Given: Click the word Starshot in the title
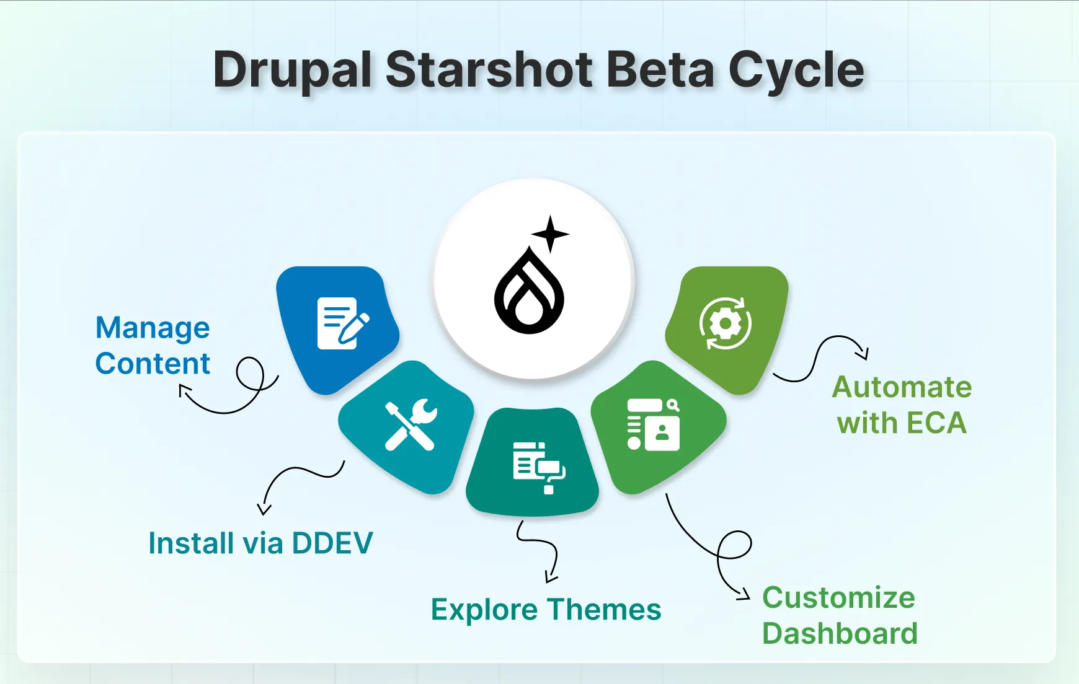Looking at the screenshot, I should (x=489, y=70).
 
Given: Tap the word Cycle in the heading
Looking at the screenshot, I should (x=796, y=70).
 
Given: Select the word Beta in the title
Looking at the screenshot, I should (x=660, y=70).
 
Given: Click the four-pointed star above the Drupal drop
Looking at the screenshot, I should (x=550, y=234).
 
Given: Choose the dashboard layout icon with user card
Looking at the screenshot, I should (x=653, y=424).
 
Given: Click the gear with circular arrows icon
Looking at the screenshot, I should (x=725, y=323).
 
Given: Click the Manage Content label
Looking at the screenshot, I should (x=153, y=345).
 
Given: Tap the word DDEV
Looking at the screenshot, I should (x=332, y=543).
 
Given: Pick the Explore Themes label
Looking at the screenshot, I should (x=546, y=610).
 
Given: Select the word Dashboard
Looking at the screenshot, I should (x=840, y=634).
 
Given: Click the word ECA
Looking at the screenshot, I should (x=936, y=424).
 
